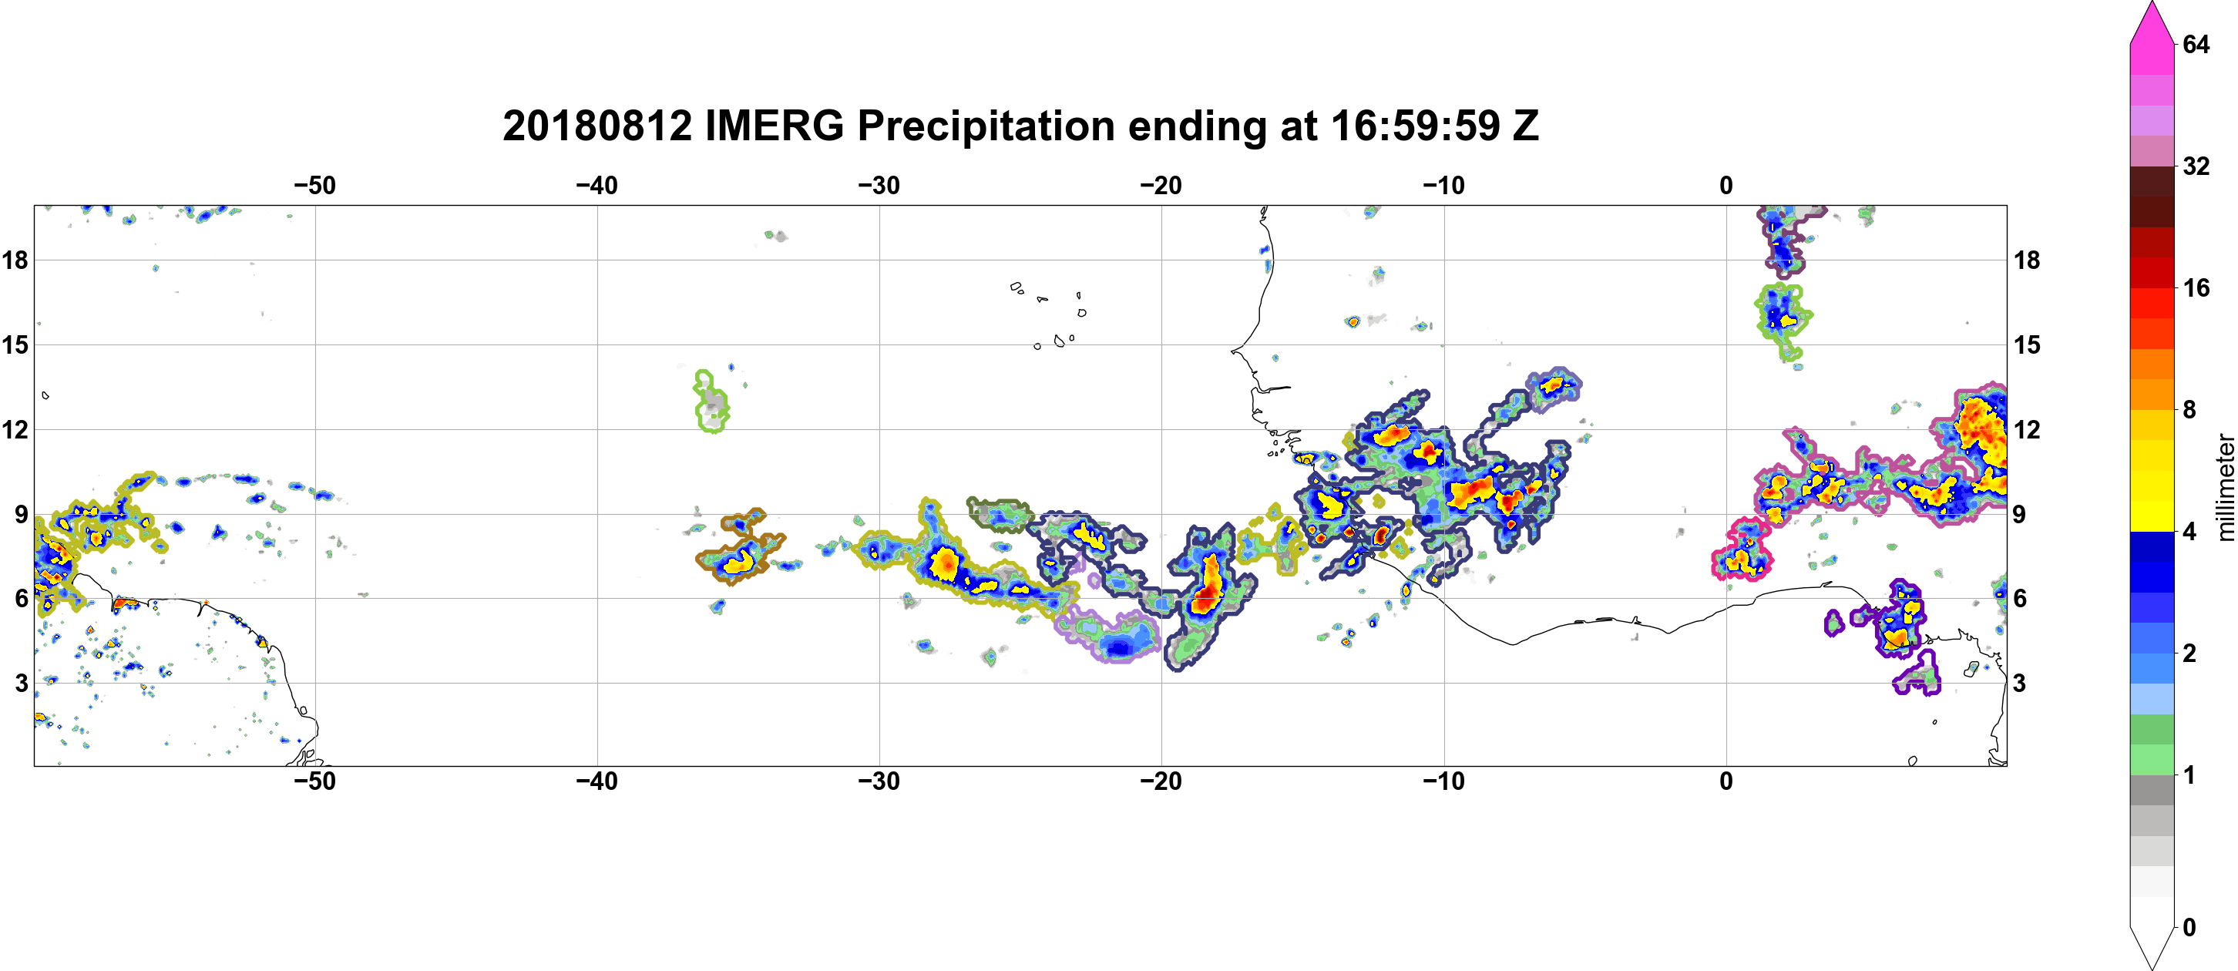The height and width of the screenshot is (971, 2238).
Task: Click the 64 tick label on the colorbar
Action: tap(2196, 44)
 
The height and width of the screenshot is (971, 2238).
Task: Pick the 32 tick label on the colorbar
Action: tap(2196, 166)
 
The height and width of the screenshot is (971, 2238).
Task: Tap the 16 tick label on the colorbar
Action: tap(2196, 287)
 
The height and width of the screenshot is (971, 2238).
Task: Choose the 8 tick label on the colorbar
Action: tap(2190, 409)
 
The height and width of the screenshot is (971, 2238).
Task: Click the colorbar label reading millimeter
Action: tap(2224, 487)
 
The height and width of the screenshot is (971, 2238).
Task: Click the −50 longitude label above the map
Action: tap(314, 186)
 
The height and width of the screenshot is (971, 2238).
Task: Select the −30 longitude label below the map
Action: tap(879, 781)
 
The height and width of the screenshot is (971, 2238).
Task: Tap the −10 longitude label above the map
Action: tap(1444, 186)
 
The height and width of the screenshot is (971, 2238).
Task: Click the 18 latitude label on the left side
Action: tap(15, 260)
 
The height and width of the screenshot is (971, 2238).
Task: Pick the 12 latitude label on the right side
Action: tap(2027, 429)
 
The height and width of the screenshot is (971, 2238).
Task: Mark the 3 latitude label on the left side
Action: tap(21, 683)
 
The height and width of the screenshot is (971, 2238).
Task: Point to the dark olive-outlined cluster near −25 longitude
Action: tap(999, 513)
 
